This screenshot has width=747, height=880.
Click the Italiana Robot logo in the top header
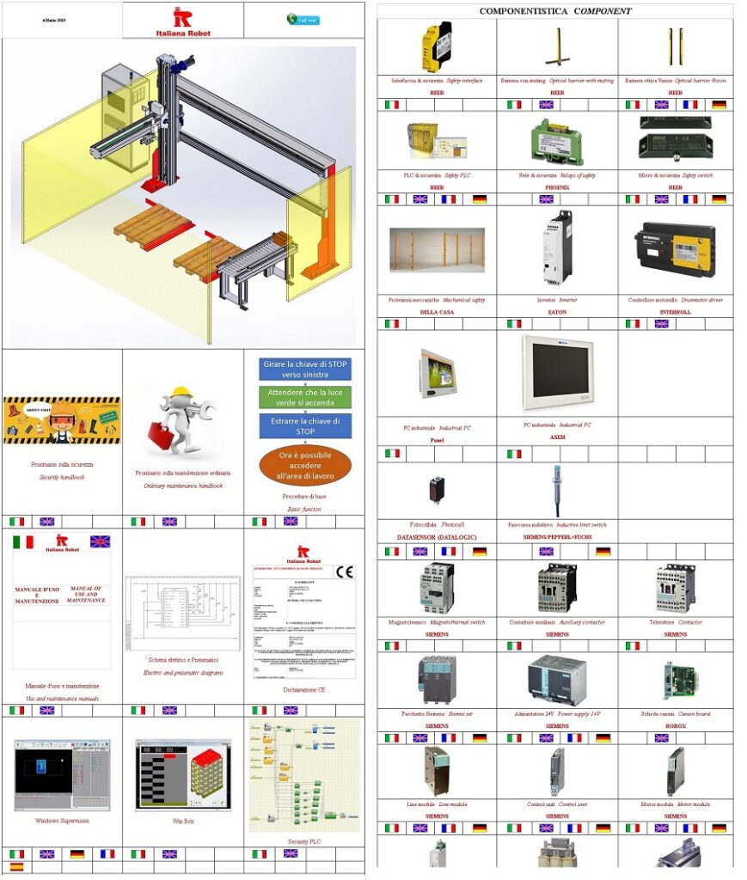tap(182, 21)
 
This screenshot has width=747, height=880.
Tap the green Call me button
tap(303, 20)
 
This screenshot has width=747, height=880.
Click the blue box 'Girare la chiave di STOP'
tap(305, 370)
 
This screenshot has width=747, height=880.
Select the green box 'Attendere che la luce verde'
tap(305, 398)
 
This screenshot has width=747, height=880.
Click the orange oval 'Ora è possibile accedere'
tap(305, 463)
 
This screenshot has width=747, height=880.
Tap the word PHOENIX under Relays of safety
tap(557, 186)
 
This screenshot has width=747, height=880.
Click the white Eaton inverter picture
tap(557, 248)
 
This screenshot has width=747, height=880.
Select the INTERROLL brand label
tap(676, 312)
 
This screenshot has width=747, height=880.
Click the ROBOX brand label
tap(676, 725)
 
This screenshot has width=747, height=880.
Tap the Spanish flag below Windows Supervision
tap(17, 867)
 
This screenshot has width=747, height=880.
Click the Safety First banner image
tap(62, 420)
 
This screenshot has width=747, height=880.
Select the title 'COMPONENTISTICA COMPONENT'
tap(555, 11)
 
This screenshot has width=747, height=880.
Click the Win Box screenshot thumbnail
tap(183, 774)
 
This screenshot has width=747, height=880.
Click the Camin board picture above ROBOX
tap(676, 680)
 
